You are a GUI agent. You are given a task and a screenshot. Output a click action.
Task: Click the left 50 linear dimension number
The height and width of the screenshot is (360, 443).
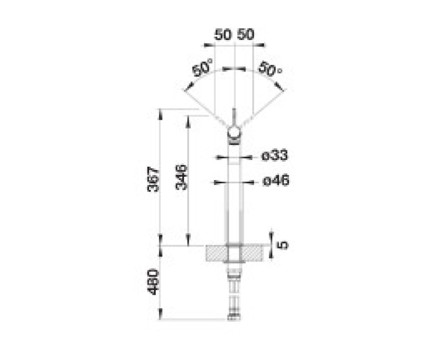pos(223,34)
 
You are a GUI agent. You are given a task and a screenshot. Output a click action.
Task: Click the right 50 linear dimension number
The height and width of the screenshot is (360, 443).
pos(245,34)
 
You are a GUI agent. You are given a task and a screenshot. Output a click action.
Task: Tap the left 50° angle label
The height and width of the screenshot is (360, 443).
pos(202,67)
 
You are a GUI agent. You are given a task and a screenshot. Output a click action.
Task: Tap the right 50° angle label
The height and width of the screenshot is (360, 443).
pos(270,68)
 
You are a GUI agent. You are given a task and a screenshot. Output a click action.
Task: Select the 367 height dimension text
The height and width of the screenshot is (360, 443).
pos(154,179)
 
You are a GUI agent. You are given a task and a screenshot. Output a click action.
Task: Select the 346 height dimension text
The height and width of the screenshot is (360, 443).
pos(182,177)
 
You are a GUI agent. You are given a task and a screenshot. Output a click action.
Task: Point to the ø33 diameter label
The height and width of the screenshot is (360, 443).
pos(275,156)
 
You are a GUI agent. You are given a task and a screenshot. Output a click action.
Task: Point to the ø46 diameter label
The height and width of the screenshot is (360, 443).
pos(276,181)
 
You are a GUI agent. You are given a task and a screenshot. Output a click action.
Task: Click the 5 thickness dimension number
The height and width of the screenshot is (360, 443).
pos(283,245)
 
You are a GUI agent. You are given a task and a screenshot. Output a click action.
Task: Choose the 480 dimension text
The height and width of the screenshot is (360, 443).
pos(154,282)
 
